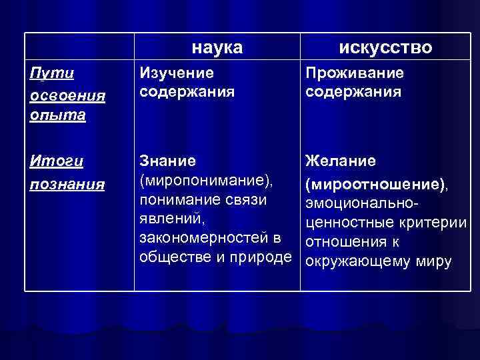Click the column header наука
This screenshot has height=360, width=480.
pyautogui.click(x=217, y=47)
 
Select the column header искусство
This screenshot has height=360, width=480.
pyautogui.click(x=385, y=47)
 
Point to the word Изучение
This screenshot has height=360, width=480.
pyautogui.click(x=176, y=73)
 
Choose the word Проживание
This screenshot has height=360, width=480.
pyautogui.click(x=354, y=73)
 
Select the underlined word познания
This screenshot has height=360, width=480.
pyautogui.click(x=67, y=183)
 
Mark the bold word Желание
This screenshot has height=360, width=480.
pyautogui.click(x=340, y=161)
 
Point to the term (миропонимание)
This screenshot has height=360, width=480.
pyautogui.click(x=206, y=181)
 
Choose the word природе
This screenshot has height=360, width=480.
pyautogui.click(x=263, y=258)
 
